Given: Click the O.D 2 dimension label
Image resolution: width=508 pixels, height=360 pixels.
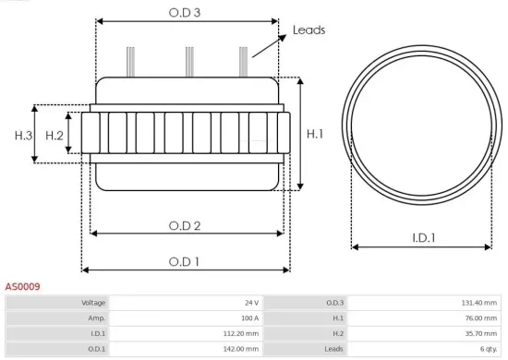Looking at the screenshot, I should [x=186, y=225].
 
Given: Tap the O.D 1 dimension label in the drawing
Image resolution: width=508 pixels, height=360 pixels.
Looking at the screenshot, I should [x=186, y=261].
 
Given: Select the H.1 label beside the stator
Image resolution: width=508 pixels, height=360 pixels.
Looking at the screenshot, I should [x=315, y=134].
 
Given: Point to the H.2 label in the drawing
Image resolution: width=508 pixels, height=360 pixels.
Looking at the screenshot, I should [x=54, y=136].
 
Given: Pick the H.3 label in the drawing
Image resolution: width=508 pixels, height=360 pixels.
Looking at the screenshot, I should [x=23, y=136].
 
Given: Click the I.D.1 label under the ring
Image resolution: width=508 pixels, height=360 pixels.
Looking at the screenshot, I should [x=423, y=238].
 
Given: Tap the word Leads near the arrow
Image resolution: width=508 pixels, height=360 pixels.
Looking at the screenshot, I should [x=308, y=30].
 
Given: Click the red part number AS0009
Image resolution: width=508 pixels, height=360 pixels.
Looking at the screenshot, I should [x=22, y=287].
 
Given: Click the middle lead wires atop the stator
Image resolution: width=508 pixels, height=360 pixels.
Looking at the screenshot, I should [x=188, y=61].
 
